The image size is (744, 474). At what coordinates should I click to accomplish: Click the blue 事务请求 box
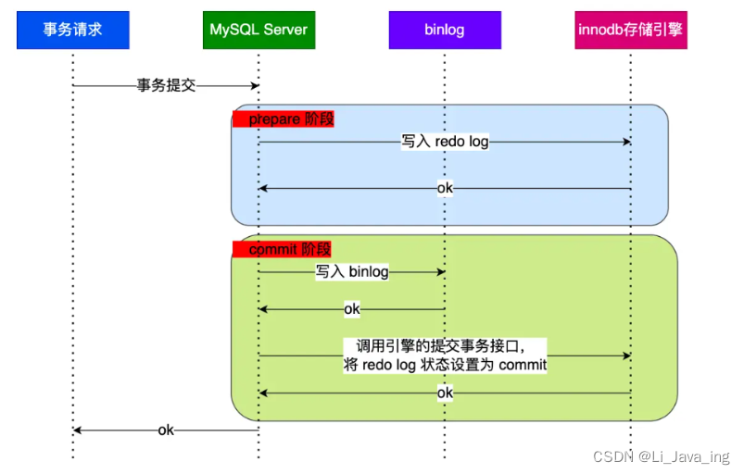pyautogui.click(x=72, y=31)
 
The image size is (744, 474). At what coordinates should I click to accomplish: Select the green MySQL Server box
pyautogui.click(x=259, y=31)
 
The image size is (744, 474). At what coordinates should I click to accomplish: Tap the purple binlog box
pyautogui.click(x=445, y=31)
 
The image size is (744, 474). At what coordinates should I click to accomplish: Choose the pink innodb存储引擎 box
pyautogui.click(x=630, y=31)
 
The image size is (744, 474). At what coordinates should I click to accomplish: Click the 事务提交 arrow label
pyautogui.click(x=166, y=86)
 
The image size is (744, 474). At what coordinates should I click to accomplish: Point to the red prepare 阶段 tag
pyautogui.click(x=284, y=118)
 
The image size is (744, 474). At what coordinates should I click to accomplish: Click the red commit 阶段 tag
pyautogui.click(x=282, y=249)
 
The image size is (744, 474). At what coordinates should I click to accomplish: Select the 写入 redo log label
pyautogui.click(x=445, y=143)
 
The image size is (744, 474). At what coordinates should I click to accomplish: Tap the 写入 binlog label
pyautogui.click(x=351, y=272)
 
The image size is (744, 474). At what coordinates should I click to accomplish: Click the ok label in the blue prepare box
pyautogui.click(x=445, y=189)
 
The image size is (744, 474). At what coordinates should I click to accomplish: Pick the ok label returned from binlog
pyautogui.click(x=351, y=309)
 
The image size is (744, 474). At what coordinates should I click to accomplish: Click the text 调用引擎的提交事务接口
pyautogui.click(x=435, y=345)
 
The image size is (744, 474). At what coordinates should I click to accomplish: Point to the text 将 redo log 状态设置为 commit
pyautogui.click(x=445, y=365)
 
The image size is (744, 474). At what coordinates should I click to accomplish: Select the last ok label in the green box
pyautogui.click(x=445, y=393)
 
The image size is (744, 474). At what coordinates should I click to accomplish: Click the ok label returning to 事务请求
pyautogui.click(x=166, y=430)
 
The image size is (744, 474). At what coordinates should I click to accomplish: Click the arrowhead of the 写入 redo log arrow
pyautogui.click(x=626, y=143)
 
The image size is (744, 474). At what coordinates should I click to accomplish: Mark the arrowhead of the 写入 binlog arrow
pyautogui.click(x=441, y=272)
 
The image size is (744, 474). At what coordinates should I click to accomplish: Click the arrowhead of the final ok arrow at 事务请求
pyautogui.click(x=78, y=430)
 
